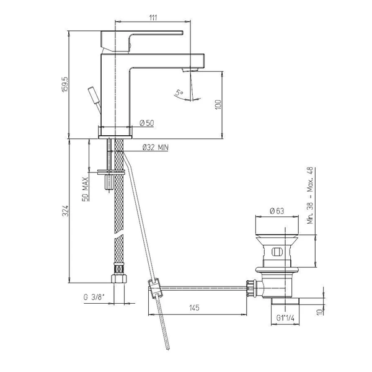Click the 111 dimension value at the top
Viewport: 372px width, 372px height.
coord(153,17)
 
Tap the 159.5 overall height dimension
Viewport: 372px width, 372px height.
coord(65,84)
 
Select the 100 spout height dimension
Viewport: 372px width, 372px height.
coord(218,105)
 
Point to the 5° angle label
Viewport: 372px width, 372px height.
coord(179,92)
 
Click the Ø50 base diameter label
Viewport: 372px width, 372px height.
coord(147,123)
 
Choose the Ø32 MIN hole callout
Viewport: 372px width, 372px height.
coord(156,148)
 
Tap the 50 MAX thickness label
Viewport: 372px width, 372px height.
coord(85,189)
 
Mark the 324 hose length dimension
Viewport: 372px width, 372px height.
coord(65,211)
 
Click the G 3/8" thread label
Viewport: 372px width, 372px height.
coord(94,297)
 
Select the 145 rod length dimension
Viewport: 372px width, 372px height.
coord(194,308)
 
